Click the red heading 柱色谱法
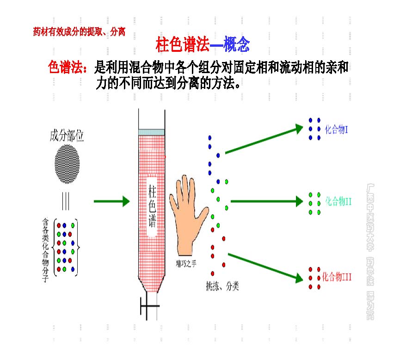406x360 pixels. [x=183, y=45]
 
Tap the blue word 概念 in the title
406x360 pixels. [x=236, y=45]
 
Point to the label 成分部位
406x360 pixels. [x=67, y=136]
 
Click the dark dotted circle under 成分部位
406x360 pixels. [x=67, y=165]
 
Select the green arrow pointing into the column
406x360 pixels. [x=111, y=201]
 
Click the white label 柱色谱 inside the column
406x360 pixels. [x=152, y=204]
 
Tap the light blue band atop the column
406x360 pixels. [x=151, y=132]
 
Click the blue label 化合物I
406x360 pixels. [x=336, y=129]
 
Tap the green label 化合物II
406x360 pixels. [x=338, y=201]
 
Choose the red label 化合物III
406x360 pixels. [x=337, y=277]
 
